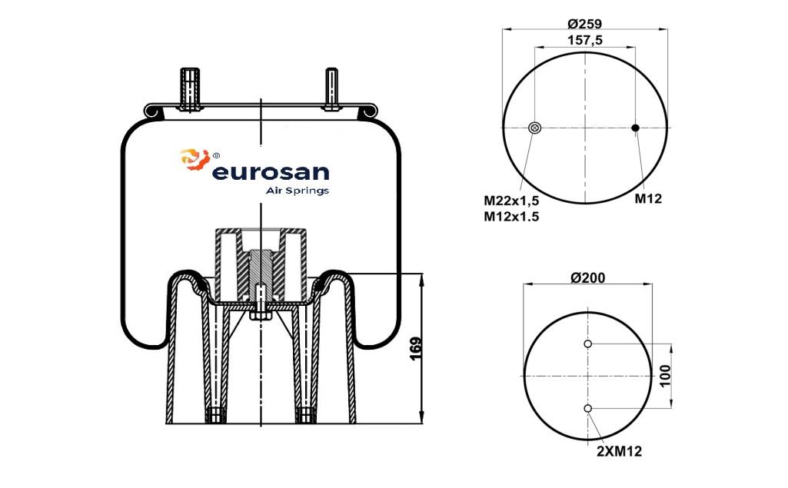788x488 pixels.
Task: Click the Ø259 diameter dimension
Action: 584,23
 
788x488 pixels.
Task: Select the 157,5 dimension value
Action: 585,40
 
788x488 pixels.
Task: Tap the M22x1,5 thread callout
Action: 511,201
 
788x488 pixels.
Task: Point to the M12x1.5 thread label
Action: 511,217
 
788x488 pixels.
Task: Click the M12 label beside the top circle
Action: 648,198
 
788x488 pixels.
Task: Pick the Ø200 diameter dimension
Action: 588,277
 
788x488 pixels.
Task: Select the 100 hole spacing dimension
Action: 665,376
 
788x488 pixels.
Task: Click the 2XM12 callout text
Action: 619,451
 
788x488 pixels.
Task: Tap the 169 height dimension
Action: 416,349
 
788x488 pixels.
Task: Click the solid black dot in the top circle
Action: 635,128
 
